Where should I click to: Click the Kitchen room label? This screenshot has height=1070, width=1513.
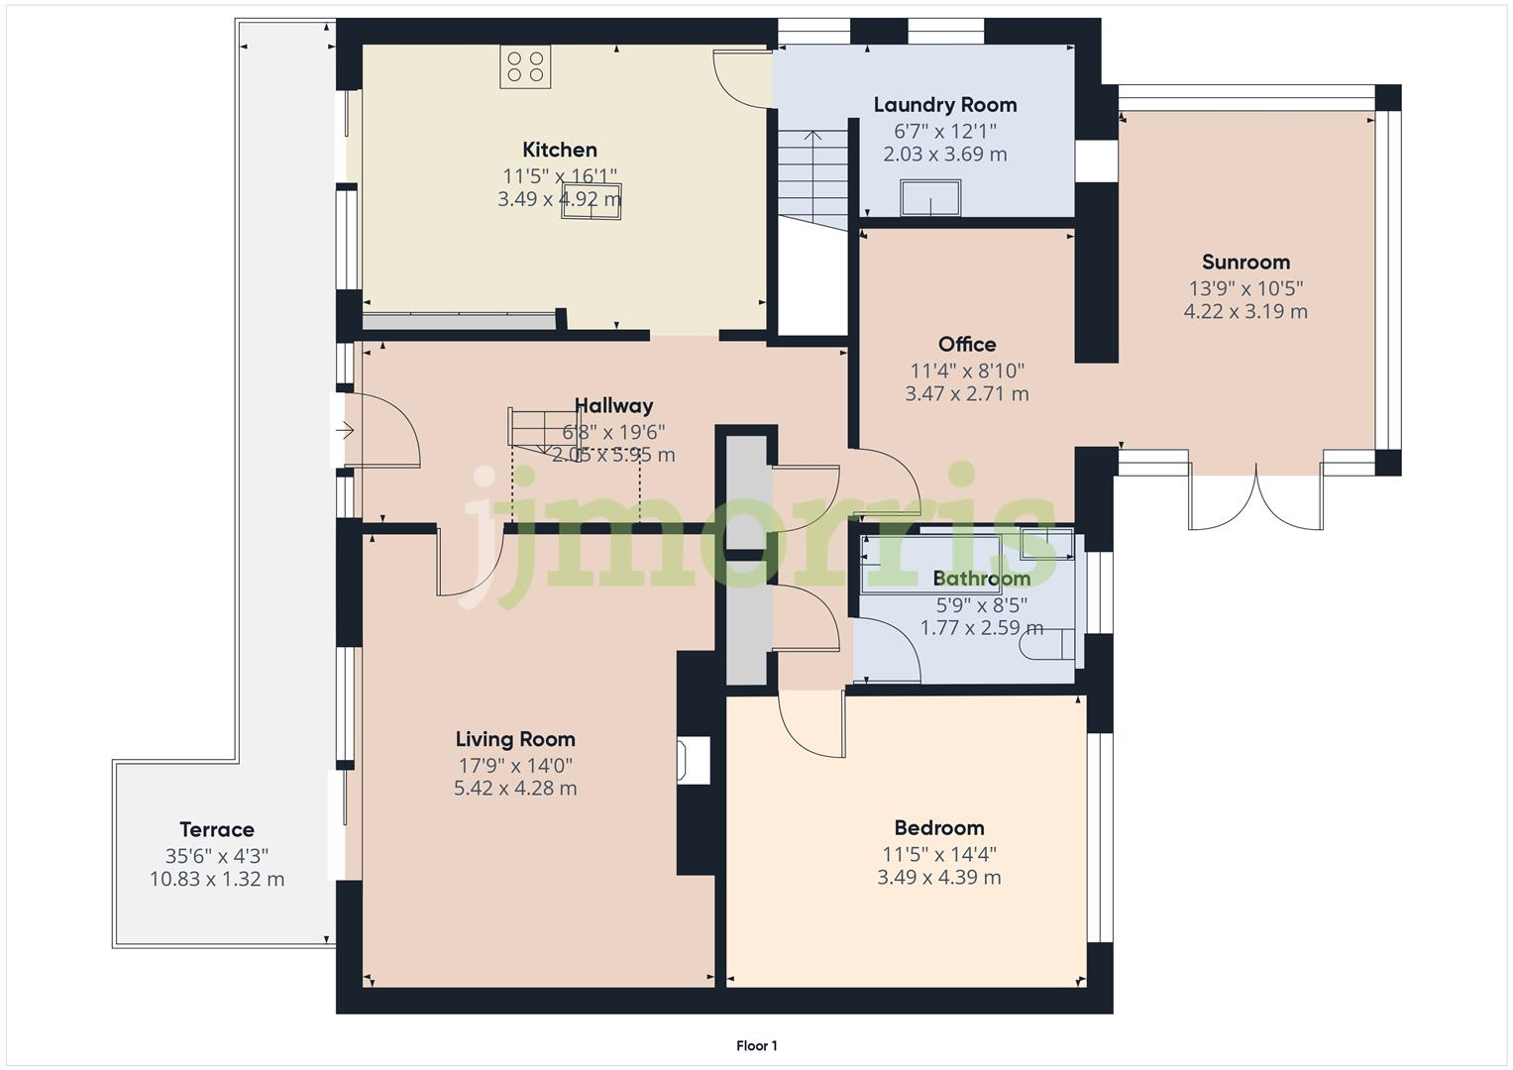tap(560, 150)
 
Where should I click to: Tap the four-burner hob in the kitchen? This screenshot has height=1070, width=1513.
tap(525, 67)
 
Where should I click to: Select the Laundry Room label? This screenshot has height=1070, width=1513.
tap(944, 105)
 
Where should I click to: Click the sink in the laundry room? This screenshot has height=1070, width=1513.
tap(930, 197)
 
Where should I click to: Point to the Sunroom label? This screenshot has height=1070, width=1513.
tap(1245, 263)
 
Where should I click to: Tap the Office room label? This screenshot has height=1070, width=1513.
tap(966, 345)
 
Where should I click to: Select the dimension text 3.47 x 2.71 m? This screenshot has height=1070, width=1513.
tap(966, 394)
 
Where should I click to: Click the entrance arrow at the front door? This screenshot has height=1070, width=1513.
tap(345, 431)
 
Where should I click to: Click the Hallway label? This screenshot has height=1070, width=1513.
tap(613, 405)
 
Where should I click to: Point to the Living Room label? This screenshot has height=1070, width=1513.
tap(515, 739)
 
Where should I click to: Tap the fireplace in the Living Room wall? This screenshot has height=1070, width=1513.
tap(694, 761)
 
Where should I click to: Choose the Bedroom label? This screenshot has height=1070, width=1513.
tap(938, 828)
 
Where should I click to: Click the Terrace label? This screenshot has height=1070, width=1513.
tap(217, 830)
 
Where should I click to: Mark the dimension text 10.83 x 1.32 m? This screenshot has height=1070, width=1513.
tap(217, 880)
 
